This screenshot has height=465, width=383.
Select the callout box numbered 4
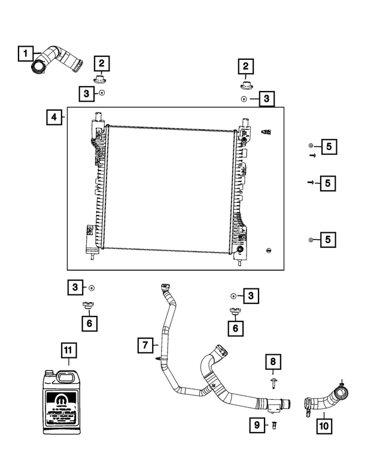(x=54, y=117)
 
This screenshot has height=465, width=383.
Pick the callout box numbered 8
(x=272, y=361)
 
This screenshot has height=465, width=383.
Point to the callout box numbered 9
(x=257, y=424)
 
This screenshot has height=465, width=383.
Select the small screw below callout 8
(x=272, y=380)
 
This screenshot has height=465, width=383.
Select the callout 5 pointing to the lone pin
(x=327, y=183)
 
